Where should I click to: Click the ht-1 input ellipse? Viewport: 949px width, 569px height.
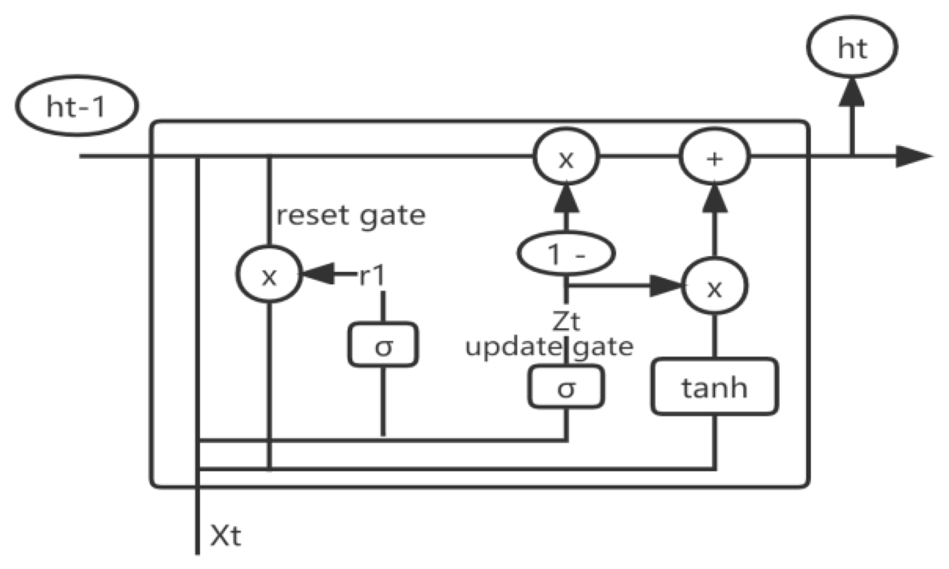(77, 106)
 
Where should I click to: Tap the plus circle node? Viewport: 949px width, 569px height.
(715, 157)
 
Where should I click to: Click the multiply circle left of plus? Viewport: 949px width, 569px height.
(566, 157)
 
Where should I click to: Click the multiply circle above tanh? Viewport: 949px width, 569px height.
(715, 287)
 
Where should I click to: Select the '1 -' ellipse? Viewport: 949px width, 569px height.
(566, 254)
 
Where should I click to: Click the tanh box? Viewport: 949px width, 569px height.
(715, 387)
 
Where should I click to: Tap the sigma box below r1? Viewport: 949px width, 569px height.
(383, 345)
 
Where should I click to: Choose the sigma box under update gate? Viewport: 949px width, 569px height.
(566, 387)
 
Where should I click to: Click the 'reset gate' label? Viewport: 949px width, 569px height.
(351, 216)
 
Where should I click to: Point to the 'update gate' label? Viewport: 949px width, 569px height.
(549, 347)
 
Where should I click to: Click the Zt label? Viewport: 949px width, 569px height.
(566, 321)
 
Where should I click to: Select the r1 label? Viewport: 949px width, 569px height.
(372, 276)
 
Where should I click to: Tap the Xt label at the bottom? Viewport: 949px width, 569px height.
(226, 536)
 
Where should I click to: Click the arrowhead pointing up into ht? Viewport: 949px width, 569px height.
(852, 93)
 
